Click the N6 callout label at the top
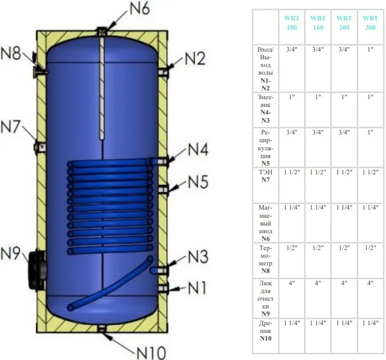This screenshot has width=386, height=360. click(x=140, y=9)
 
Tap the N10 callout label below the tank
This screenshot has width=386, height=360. click(x=151, y=353)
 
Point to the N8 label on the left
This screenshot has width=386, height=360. click(x=11, y=53)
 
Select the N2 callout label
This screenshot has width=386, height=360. click(x=195, y=59)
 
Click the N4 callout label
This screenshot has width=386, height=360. click(x=198, y=149)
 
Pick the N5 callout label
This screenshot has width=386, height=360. click(x=198, y=182)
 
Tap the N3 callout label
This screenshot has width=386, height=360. click(x=198, y=256)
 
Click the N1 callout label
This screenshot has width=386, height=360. click(x=197, y=288)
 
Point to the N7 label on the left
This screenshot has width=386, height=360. click(x=10, y=126)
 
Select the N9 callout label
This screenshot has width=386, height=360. click(x=10, y=253)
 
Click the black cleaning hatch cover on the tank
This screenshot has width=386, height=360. click(x=37, y=270)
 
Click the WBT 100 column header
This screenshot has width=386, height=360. click(x=292, y=22)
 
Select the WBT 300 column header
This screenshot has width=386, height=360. click(x=370, y=22)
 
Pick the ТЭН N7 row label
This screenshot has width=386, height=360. click(x=265, y=176)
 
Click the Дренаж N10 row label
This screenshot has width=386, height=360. click(x=265, y=331)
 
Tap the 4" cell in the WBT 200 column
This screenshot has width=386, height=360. click(x=344, y=283)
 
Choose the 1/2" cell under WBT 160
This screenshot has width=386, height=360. click(x=318, y=248)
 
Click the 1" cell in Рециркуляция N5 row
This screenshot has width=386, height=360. click(x=370, y=132)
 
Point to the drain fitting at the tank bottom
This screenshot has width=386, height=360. click(x=102, y=329)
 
